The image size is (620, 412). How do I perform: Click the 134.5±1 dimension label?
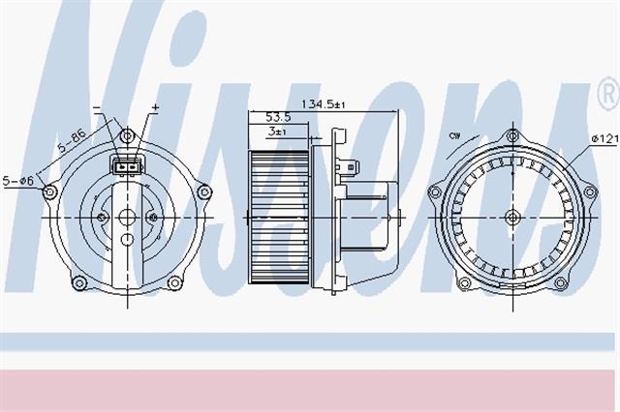324,104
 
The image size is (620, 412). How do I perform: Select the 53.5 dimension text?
278,117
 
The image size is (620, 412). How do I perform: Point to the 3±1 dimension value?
277,132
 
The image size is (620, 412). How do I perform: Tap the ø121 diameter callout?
604,138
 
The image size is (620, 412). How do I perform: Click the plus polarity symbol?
155,107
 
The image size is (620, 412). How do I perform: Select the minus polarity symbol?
97,107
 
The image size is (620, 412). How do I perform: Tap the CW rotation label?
454,136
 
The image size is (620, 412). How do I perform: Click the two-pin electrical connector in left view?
128,165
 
